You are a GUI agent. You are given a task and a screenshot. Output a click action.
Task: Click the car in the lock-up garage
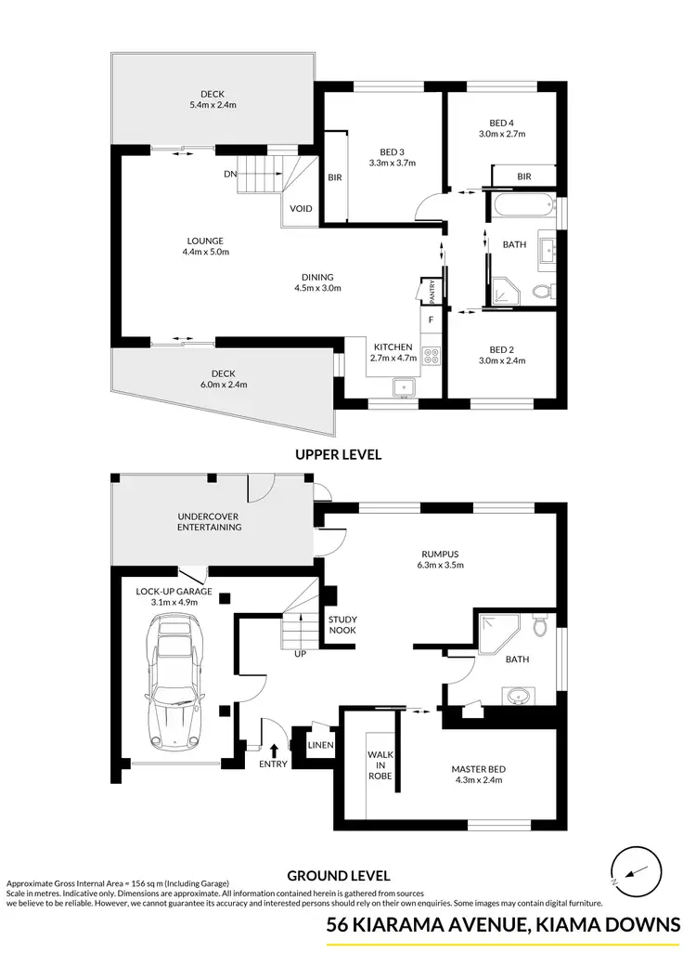[x=174, y=685]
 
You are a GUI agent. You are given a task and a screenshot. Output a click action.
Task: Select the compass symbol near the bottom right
[x=637, y=872]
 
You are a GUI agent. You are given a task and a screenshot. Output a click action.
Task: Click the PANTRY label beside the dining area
[x=432, y=291]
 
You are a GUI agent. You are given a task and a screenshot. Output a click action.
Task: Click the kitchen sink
[x=404, y=388]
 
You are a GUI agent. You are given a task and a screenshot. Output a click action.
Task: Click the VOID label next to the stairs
[x=301, y=208]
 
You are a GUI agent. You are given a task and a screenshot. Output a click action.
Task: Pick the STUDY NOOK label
[x=342, y=625]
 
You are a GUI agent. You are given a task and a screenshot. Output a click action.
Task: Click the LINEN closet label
[x=321, y=745]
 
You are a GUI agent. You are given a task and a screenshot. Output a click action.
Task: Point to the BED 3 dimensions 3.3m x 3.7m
[x=398, y=163]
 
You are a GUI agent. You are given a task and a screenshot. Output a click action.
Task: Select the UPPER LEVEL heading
[x=338, y=455]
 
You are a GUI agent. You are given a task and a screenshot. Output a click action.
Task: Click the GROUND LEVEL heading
[x=338, y=875]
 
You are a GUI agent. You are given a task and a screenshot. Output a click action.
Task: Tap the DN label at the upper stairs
[x=229, y=174]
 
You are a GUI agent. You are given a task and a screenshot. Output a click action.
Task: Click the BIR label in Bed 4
[x=523, y=176]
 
